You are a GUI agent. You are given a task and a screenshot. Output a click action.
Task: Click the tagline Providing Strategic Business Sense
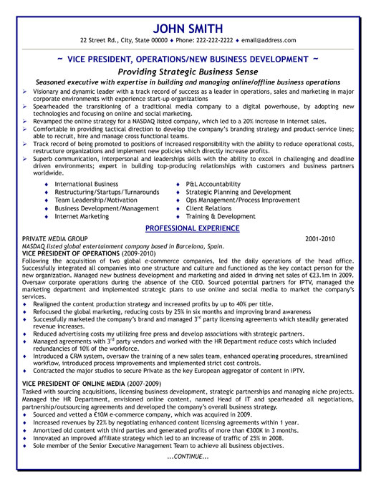click(x=188, y=72)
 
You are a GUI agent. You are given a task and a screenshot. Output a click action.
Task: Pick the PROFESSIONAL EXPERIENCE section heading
click(x=192, y=228)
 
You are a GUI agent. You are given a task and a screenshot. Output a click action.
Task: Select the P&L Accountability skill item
click(x=213, y=184)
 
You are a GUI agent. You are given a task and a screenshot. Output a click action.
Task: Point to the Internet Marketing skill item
click(x=84, y=215)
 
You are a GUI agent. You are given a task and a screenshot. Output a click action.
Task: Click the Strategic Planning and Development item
click(x=238, y=192)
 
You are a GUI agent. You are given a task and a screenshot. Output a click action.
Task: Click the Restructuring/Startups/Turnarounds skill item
click(x=106, y=192)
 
